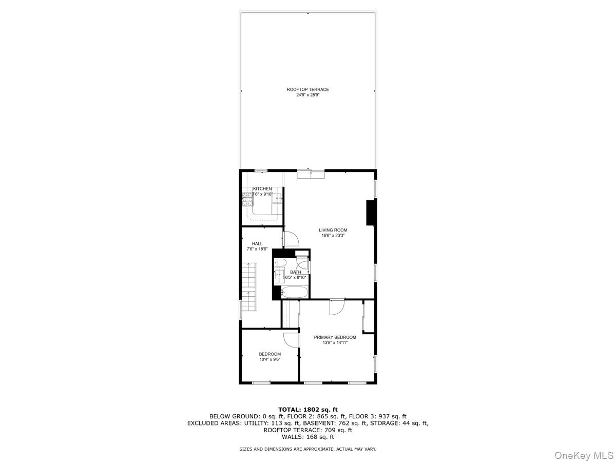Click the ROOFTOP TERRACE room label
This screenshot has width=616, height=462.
[x=307, y=89]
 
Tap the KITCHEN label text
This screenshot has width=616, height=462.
[x=262, y=189]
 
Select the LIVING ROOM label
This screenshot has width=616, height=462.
[x=333, y=230]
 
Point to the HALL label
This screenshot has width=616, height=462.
[x=257, y=243]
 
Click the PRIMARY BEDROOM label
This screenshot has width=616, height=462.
[x=335, y=337]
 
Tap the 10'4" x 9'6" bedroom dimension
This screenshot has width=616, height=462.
[x=269, y=359]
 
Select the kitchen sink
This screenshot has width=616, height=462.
[x=277, y=198]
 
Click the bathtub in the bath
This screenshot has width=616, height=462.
[x=294, y=293]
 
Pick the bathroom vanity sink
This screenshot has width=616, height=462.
[x=280, y=275]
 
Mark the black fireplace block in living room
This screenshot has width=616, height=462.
[x=370, y=213]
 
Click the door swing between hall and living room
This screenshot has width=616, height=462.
[x=290, y=239]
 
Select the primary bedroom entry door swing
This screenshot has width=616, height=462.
[x=337, y=307]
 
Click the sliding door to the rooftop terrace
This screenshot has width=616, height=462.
[x=311, y=174]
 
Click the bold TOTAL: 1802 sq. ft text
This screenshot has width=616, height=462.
[x=307, y=409]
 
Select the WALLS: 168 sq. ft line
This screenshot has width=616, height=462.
[x=307, y=437]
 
